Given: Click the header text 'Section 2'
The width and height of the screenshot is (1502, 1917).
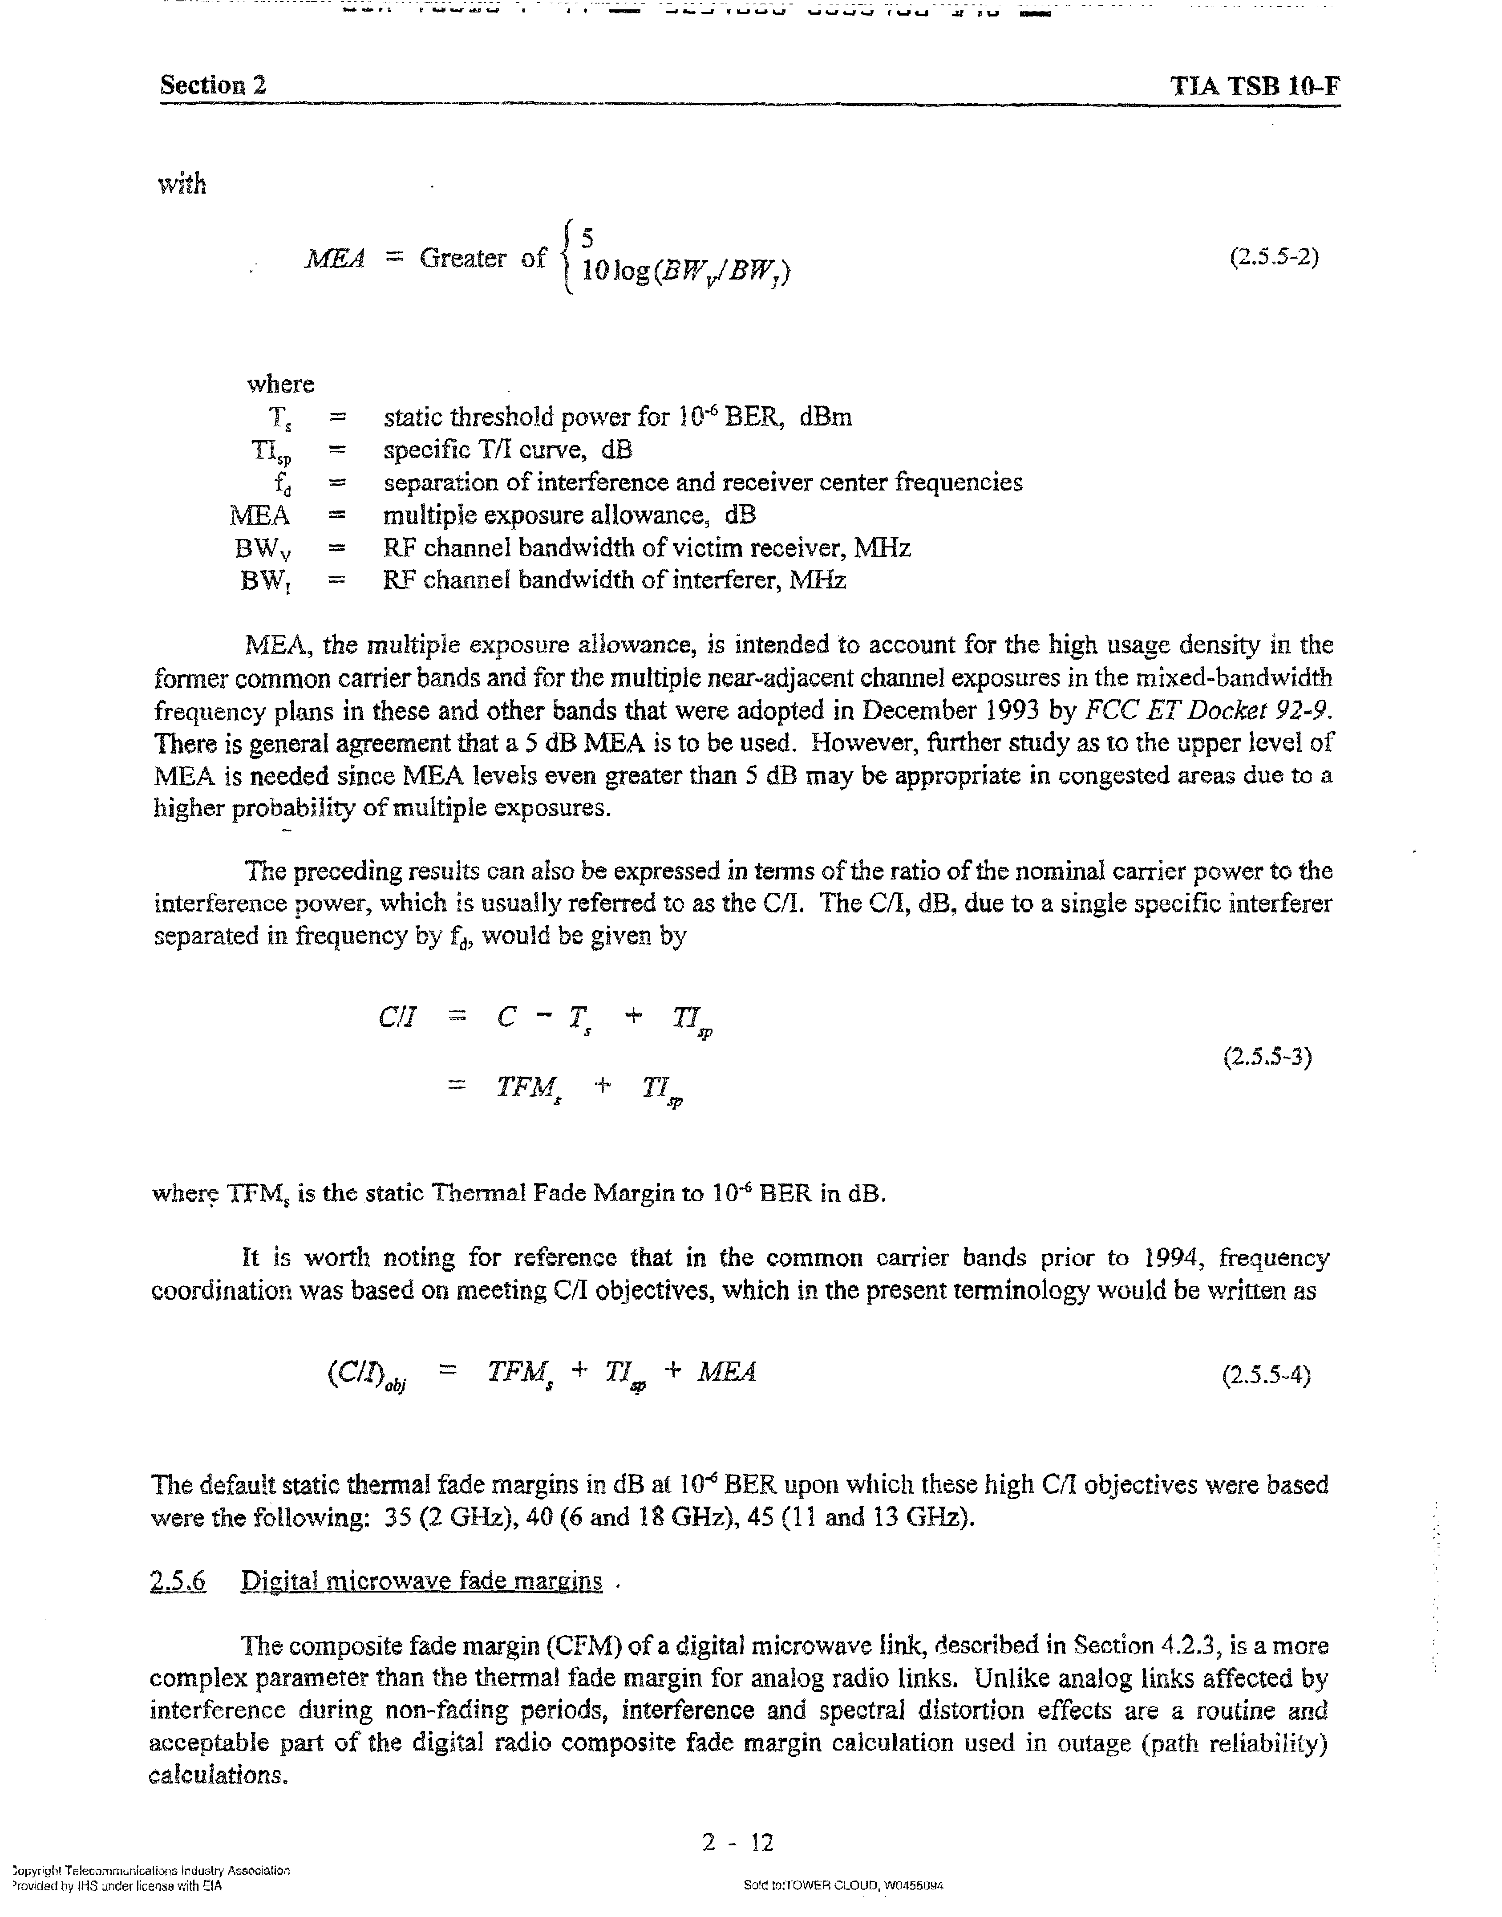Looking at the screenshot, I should click(213, 85).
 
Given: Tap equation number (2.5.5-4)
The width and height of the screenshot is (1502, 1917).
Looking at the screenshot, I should click(1266, 1374).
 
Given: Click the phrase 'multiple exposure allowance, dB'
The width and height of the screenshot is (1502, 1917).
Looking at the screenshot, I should click(569, 515).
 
